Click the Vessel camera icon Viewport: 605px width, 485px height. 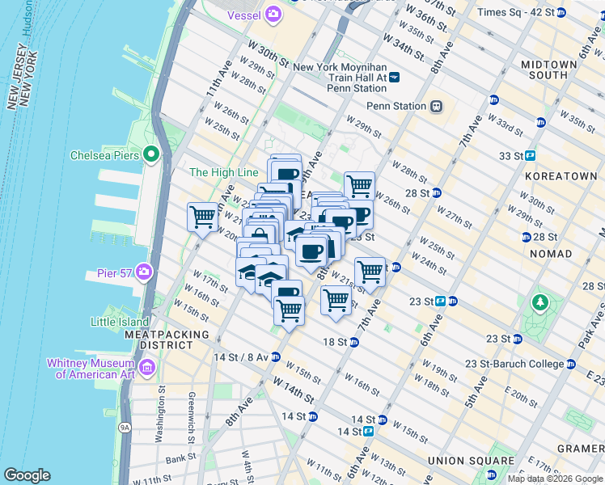[x=273, y=13]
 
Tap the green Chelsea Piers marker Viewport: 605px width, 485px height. [x=150, y=154]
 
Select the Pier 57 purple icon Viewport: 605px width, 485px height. [x=145, y=270]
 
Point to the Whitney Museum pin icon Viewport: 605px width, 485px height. [x=146, y=369]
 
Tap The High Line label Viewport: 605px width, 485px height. [x=223, y=172]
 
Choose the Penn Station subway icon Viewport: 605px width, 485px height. [x=436, y=106]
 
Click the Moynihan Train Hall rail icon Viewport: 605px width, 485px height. [x=395, y=77]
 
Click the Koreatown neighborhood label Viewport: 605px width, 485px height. [x=561, y=175]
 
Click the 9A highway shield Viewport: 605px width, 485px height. [x=125, y=427]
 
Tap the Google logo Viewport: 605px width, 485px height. [x=28, y=475]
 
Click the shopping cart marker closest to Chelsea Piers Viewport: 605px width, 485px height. [x=202, y=216]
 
